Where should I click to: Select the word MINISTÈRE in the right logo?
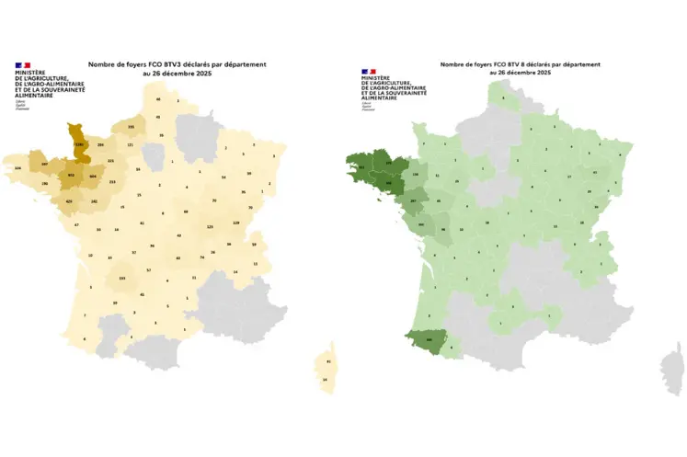click(x=377, y=77)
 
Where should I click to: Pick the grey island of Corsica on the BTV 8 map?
click(x=672, y=369)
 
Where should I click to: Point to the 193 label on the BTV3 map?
click(x=121, y=278)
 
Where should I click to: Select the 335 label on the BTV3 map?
click(x=131, y=127)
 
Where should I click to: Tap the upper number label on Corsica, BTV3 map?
click(x=328, y=361)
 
